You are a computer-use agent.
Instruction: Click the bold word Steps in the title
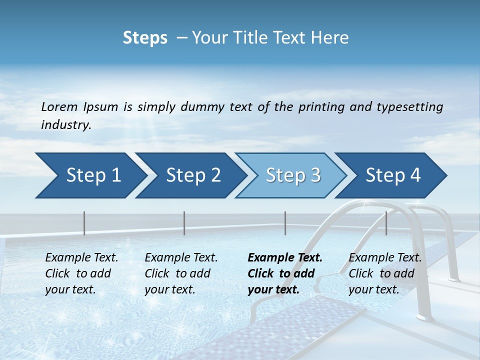point(145,38)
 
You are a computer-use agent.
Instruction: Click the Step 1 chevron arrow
point(90,175)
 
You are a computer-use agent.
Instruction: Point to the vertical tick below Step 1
point(84,223)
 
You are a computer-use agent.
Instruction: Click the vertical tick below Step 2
point(184,223)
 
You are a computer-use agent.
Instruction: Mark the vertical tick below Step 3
point(285,223)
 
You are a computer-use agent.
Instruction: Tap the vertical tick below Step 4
point(386,223)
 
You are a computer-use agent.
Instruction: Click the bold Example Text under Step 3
point(285,258)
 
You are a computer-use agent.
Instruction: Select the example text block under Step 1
point(81,273)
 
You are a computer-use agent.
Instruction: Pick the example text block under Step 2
point(181,273)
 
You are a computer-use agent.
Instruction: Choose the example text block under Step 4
point(385,273)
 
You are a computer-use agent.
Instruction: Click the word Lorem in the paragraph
point(59,106)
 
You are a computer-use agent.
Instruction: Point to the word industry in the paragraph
point(65,125)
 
